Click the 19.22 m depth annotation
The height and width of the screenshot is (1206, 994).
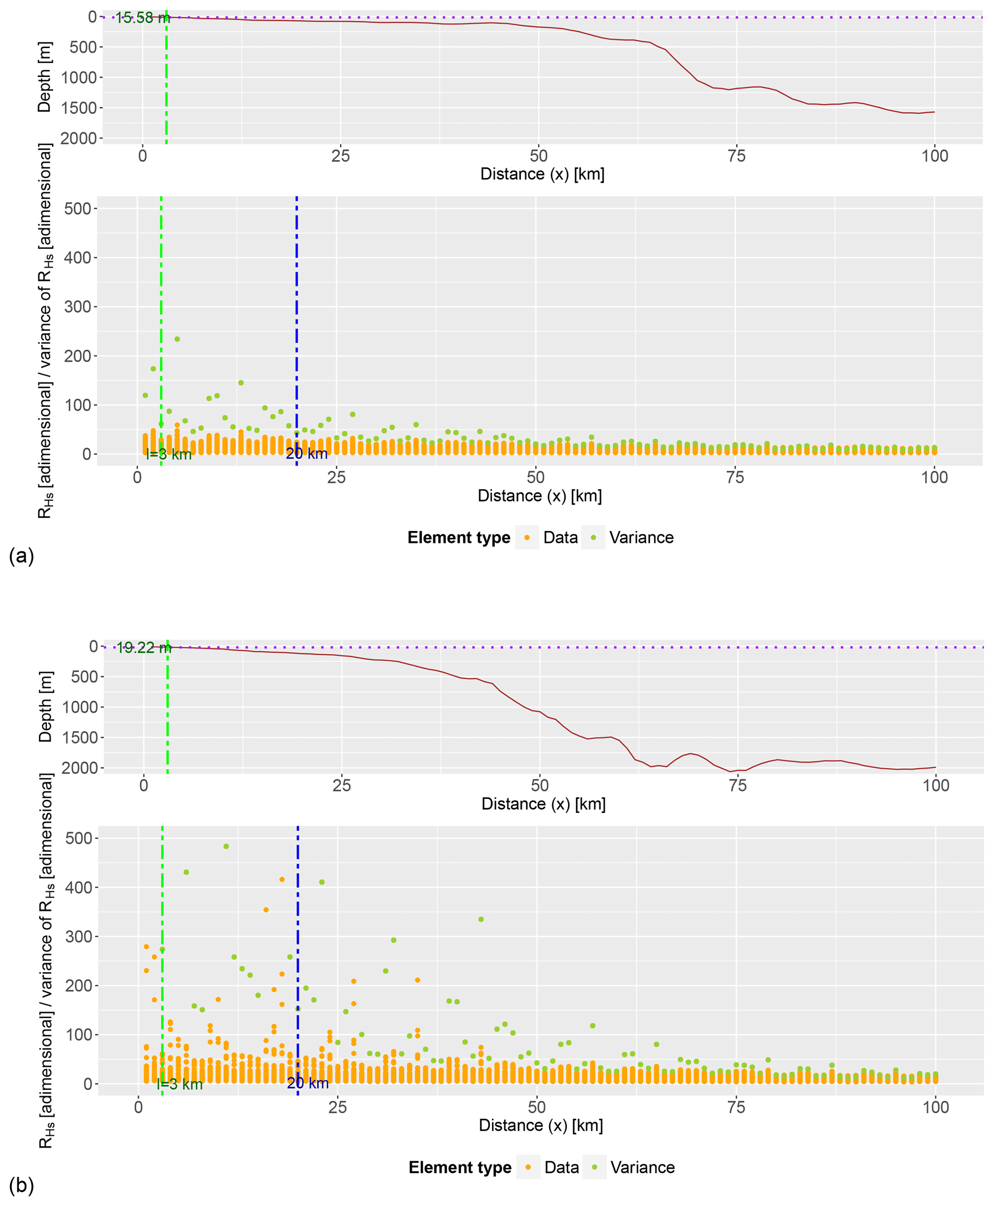(x=144, y=647)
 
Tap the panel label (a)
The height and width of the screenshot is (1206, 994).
(x=21, y=556)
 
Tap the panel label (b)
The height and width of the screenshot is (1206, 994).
(x=21, y=1185)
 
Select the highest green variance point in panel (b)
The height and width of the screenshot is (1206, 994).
(x=226, y=846)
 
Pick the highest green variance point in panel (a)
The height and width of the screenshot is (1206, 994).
(x=177, y=339)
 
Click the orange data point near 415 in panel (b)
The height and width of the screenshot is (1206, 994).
(x=282, y=879)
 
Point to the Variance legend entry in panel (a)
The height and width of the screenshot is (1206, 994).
(x=641, y=538)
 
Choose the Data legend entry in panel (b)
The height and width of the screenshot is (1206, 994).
(x=561, y=1168)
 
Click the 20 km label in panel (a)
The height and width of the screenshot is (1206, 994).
(x=307, y=454)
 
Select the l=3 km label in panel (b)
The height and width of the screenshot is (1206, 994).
(x=180, y=1084)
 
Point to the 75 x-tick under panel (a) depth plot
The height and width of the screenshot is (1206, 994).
(x=736, y=156)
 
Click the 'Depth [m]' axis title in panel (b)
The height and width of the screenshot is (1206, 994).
(x=45, y=707)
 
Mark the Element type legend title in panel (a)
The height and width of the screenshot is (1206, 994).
(x=459, y=538)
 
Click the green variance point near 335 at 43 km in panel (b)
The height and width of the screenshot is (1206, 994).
(x=481, y=919)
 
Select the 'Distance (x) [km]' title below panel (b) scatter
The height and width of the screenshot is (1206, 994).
(x=541, y=1125)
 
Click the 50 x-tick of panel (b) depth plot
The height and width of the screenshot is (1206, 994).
(x=540, y=785)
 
